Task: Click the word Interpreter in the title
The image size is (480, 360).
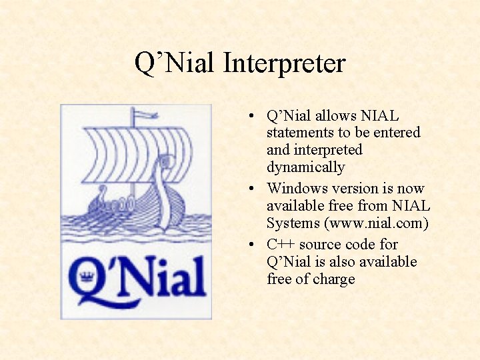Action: click(x=285, y=64)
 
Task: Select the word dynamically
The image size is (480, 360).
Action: click(x=305, y=167)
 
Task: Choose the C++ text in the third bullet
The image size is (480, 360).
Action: click(x=281, y=245)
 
